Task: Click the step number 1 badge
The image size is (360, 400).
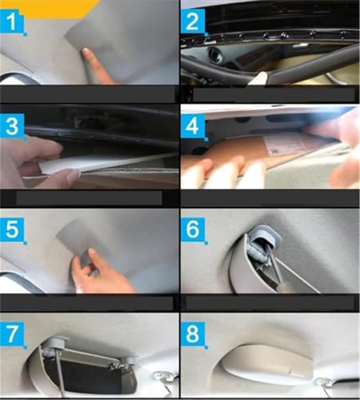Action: (12, 22)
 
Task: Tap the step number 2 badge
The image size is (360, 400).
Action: (193, 22)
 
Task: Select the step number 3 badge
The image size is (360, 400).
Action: (12, 126)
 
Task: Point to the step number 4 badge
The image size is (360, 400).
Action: (193, 126)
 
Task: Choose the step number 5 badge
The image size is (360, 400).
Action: (12, 230)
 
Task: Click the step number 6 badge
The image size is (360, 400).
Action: (193, 230)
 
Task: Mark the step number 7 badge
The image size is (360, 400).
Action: (12, 334)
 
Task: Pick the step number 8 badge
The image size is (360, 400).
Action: (193, 334)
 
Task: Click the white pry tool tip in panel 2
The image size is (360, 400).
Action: (260, 77)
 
